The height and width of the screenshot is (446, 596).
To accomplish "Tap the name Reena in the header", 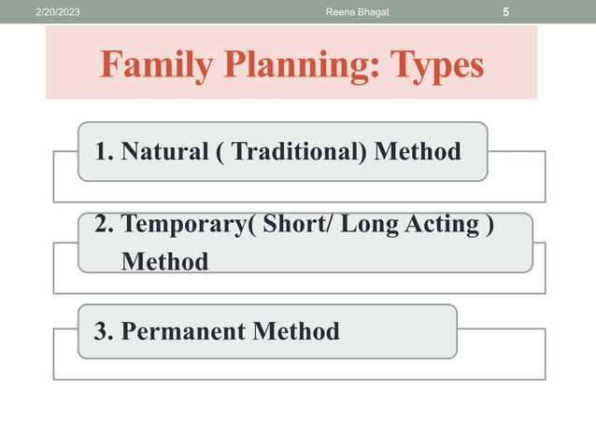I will pos(343,12).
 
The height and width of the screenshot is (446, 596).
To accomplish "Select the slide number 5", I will pos(505,12).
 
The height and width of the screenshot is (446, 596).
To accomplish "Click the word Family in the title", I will pos(153,65).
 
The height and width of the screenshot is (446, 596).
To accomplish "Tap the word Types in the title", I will pos(437,65).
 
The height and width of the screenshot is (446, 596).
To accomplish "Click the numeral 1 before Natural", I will pos(101,150).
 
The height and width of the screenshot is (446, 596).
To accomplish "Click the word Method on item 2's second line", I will pos(164,262).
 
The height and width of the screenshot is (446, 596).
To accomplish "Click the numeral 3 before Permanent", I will pos(100,331).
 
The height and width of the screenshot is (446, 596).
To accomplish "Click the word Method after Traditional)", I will pos(417,150).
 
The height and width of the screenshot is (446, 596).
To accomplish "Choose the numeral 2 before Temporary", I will pos(101,227).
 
